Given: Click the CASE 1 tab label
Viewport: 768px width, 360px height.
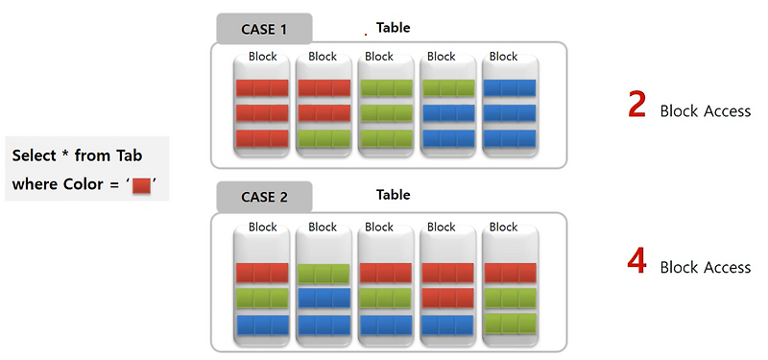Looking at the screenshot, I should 264,29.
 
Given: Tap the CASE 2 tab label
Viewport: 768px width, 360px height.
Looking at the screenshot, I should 264,199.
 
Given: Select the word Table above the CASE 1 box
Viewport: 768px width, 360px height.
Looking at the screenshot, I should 393,28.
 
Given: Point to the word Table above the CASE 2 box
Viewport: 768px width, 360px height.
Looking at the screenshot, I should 393,195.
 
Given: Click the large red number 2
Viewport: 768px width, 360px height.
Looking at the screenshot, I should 636,105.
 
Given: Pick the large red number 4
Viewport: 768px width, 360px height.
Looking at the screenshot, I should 636,261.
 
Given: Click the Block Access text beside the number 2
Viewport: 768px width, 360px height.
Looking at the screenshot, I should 705,110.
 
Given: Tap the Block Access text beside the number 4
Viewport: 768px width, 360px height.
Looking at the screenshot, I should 705,267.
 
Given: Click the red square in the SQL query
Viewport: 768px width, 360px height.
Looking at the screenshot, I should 141,183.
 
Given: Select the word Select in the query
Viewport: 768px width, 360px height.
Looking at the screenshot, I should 35,156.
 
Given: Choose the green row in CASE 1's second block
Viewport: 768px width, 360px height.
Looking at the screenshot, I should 323,138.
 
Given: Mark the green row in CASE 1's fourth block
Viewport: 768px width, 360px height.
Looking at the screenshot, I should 448,88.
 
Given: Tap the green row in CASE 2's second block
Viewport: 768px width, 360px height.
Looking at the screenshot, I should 323,274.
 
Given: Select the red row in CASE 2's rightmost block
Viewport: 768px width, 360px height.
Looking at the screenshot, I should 510,274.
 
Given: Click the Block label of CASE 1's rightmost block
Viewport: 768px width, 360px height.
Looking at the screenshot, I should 503,57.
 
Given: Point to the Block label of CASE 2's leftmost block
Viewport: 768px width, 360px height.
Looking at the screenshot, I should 262,228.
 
